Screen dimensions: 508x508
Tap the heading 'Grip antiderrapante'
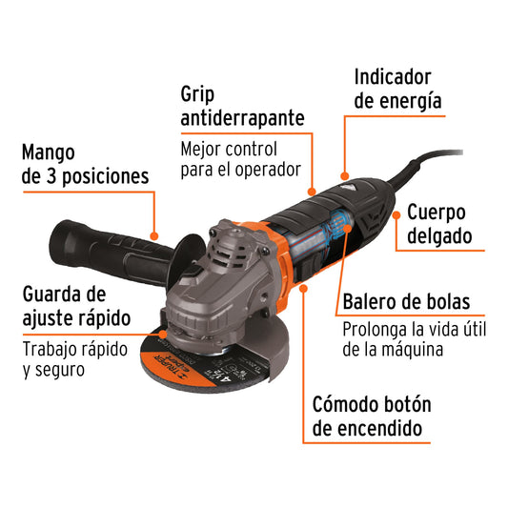(243, 106)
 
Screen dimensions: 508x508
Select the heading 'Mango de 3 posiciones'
(85, 163)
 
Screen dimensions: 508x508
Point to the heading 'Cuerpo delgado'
(447, 223)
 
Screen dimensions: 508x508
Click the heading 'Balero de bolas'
(407, 302)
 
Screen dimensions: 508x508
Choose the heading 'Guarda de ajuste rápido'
(76, 305)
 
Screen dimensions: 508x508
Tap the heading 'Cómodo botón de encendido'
(367, 416)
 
